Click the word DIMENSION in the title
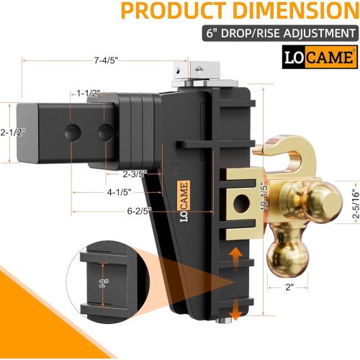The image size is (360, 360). coord(285,12)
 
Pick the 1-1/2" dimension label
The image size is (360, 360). coord(89,93)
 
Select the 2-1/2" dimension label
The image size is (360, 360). coord(14,132)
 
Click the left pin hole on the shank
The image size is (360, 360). coord(72,132)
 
